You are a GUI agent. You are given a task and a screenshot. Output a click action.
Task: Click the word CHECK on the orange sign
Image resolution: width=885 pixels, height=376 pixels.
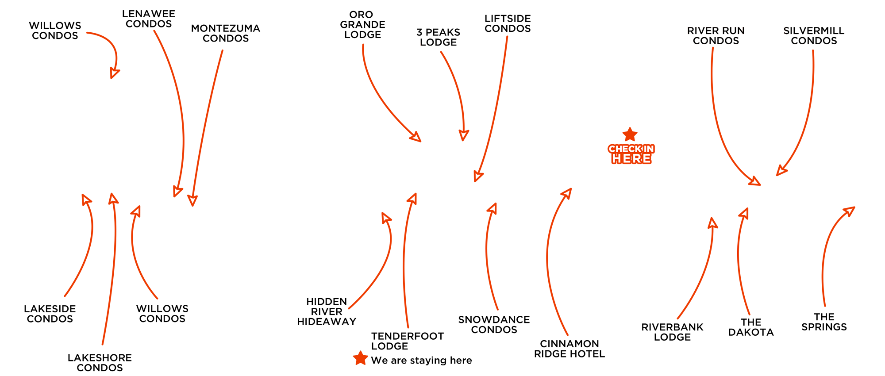[x=625, y=149]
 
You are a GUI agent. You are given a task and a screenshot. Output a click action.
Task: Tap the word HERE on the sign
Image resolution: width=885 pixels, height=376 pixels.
[x=631, y=158]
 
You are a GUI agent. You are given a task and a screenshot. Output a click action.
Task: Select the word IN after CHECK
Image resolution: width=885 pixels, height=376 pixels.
[x=649, y=149]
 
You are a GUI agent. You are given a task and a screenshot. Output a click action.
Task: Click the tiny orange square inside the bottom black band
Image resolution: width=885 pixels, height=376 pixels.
[x=361, y=357]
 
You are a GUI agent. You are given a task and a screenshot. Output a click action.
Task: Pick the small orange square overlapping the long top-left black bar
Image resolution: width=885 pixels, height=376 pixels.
[x=103, y=55]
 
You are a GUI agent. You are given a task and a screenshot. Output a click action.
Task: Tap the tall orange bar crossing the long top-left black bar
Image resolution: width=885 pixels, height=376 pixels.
[x=169, y=113]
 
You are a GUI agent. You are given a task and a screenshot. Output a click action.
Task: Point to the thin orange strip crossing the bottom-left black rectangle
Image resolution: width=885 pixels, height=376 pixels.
[x=110, y=269]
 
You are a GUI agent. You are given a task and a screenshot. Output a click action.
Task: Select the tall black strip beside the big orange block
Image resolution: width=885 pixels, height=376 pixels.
[x=830, y=111]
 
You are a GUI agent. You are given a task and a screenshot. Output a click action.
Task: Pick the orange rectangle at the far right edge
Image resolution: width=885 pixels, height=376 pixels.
[x=838, y=257]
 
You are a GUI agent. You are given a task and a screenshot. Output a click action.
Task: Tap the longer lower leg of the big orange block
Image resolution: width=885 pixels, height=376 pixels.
[x=735, y=164]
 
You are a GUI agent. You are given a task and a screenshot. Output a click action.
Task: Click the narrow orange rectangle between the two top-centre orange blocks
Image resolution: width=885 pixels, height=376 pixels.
[x=454, y=96]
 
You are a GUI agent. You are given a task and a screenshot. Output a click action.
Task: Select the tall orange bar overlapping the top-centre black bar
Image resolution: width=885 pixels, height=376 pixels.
[x=491, y=109]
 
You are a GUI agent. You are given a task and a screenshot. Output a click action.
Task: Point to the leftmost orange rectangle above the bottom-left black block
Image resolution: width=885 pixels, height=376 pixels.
[x=78, y=245]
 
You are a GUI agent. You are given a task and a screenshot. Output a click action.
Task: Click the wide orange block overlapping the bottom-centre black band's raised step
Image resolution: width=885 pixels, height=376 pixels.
[x=370, y=261]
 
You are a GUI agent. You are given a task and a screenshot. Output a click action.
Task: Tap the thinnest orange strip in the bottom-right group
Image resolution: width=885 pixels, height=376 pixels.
[x=744, y=261]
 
